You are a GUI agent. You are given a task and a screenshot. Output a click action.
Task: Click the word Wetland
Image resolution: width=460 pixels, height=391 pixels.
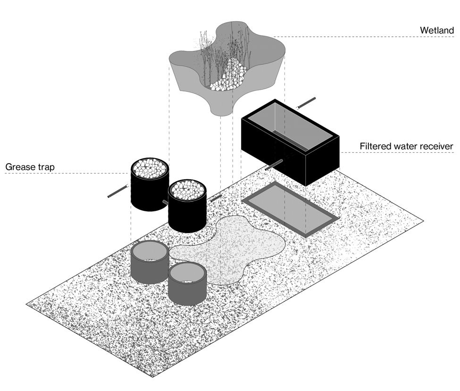point(437,31)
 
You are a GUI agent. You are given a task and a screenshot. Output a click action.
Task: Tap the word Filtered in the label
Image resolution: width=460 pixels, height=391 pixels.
point(375,146)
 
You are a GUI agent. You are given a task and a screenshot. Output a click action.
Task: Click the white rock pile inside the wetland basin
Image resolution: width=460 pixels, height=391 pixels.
point(230,76)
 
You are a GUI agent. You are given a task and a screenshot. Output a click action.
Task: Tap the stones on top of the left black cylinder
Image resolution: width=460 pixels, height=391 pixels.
point(149,168)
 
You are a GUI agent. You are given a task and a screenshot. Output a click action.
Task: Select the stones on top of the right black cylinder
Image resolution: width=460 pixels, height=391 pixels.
point(187,190)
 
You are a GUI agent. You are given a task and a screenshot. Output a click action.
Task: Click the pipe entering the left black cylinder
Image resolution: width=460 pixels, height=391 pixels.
point(118,191)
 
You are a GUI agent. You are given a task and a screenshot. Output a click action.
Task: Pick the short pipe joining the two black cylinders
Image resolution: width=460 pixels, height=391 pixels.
point(165,202)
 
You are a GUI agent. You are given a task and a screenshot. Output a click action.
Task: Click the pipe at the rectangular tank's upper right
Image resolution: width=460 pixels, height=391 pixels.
point(306,103)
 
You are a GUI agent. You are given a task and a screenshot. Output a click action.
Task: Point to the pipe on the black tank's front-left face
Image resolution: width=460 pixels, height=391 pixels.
point(273,165)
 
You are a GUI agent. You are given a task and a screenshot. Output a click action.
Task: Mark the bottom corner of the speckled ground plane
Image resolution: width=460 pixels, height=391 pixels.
point(152,376)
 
